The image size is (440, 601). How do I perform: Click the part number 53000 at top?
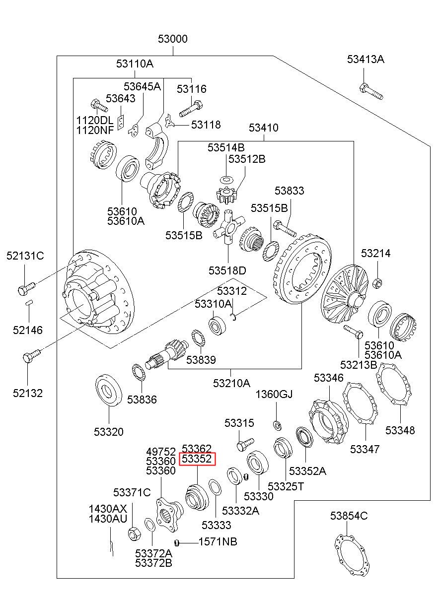pyautogui.click(x=173, y=39)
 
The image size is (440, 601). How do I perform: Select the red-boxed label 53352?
pyautogui.click(x=197, y=459)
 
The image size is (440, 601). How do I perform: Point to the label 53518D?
pyautogui.click(x=227, y=270)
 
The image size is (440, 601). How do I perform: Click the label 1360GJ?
pyautogui.click(x=274, y=395)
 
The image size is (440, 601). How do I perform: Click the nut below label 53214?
pyautogui.click(x=377, y=283)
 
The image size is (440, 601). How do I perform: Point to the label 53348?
pyautogui.click(x=400, y=430)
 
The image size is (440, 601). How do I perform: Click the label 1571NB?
pyautogui.click(x=218, y=541)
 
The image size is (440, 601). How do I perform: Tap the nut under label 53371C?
pyautogui.click(x=133, y=534)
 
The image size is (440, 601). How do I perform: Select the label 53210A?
pyautogui.click(x=231, y=383)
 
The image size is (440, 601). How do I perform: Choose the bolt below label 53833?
pyautogui.click(x=284, y=230)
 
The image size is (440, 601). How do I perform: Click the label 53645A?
pyautogui.click(x=142, y=86)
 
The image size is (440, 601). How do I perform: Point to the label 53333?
pyautogui.click(x=216, y=525)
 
